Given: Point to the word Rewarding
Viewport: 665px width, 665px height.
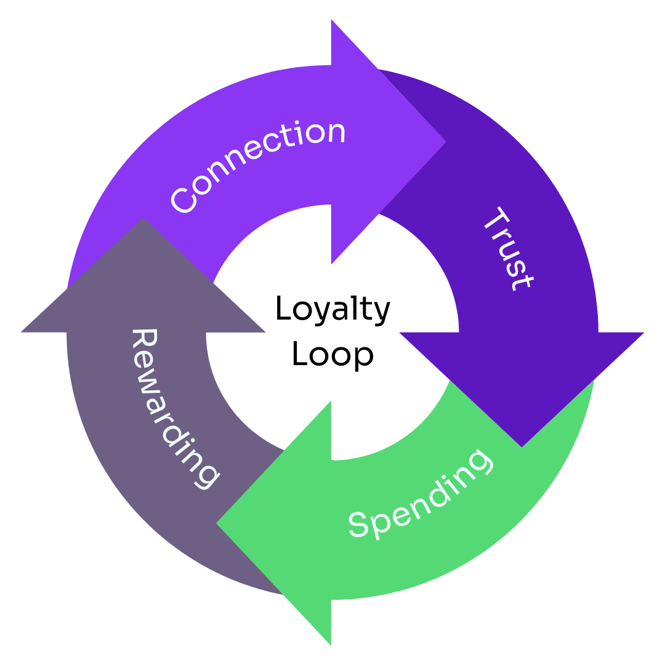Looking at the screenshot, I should click(174, 408).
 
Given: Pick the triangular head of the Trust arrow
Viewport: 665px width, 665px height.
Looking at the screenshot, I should click(522, 376).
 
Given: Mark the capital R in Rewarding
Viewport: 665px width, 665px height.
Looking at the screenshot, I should click(145, 342).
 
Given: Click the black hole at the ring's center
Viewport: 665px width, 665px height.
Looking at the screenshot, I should click(332, 332).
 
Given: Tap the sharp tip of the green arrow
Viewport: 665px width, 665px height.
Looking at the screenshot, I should click(217, 523).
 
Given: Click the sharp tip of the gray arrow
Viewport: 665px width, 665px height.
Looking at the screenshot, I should click(143, 219).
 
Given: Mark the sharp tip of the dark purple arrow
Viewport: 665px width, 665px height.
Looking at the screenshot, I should click(522, 446).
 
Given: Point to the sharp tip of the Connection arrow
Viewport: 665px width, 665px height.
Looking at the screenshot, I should click(445, 142).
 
